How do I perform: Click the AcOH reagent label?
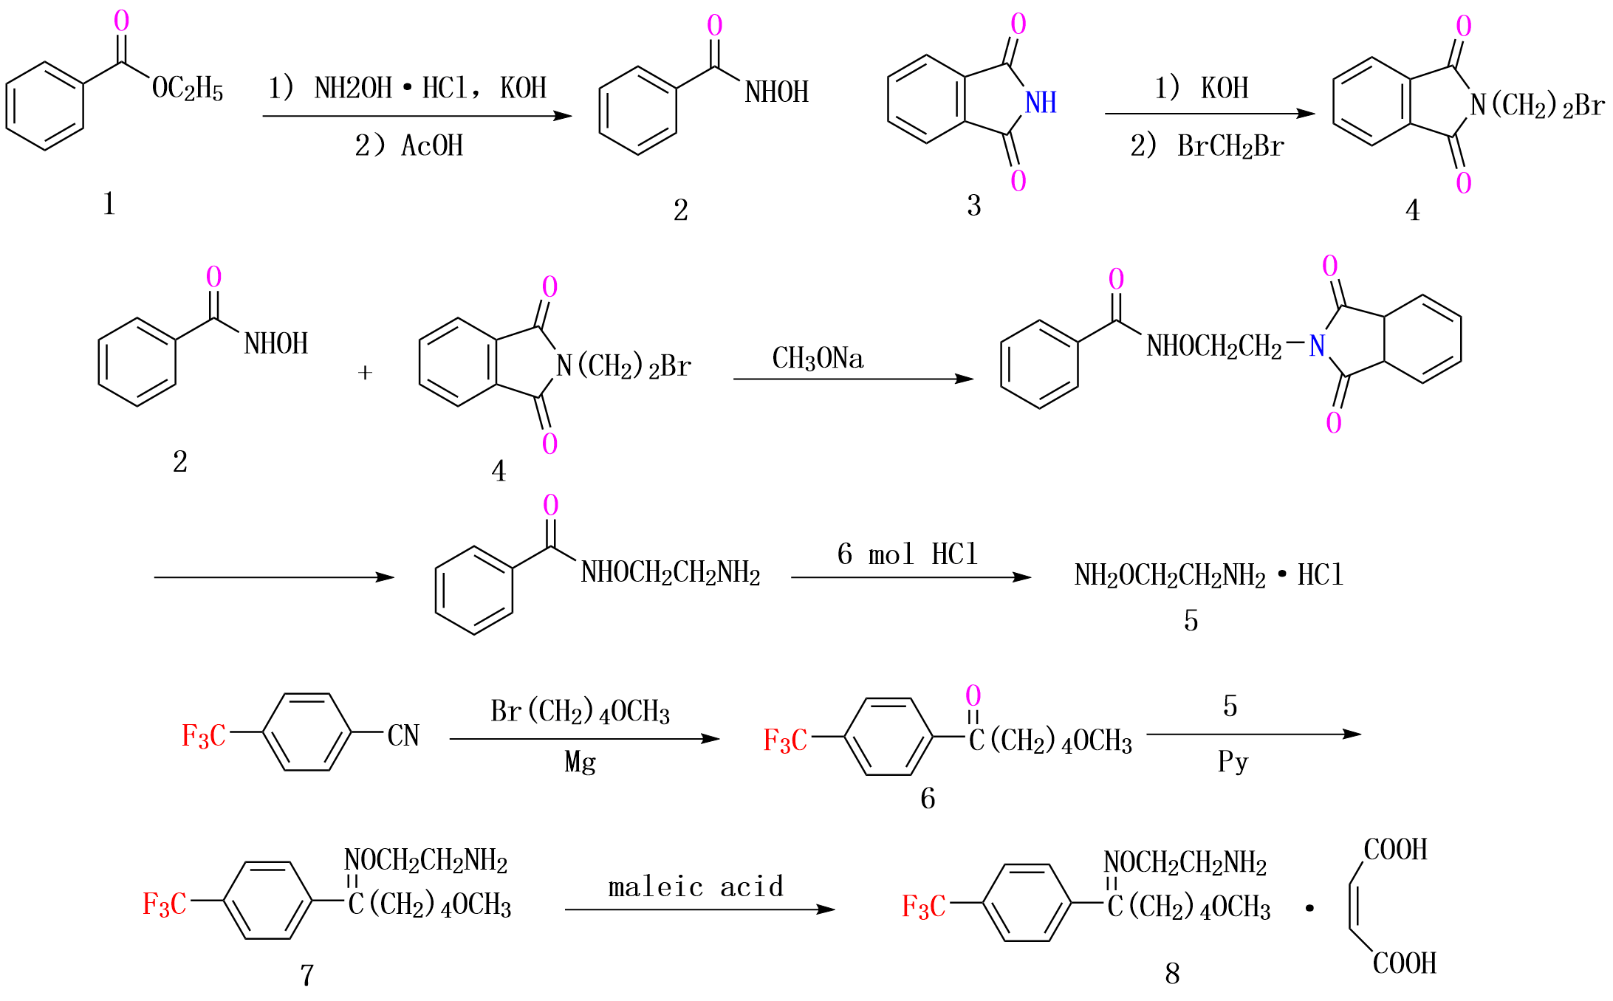(432, 146)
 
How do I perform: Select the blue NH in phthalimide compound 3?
(1041, 103)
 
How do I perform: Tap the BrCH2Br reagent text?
(1230, 146)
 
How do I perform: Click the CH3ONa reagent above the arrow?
(818, 359)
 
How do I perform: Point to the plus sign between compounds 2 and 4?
(365, 373)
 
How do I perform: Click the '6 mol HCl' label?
(907, 554)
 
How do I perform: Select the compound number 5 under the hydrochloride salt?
(1191, 621)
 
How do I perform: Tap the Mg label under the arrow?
(580, 762)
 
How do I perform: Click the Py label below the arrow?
(1233, 760)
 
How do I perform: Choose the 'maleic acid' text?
(696, 887)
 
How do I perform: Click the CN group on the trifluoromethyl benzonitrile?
(403, 735)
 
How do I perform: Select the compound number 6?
(928, 798)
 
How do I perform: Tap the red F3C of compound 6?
(785, 740)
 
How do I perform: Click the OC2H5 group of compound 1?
(187, 89)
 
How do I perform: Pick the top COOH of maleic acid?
(1395, 850)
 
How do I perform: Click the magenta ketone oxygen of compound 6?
(973, 695)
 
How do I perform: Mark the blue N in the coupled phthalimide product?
(1317, 345)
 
